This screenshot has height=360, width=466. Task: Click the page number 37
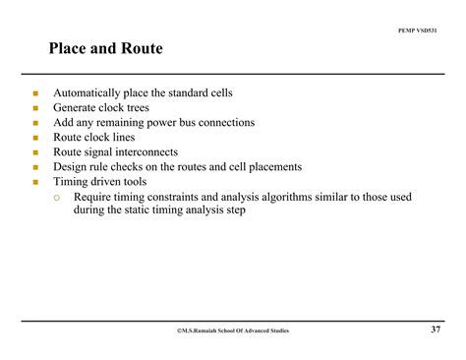click(436, 329)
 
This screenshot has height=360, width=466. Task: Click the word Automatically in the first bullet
click(87, 93)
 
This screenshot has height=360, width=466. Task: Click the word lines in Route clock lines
click(123, 138)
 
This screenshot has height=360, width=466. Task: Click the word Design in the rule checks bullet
click(70, 167)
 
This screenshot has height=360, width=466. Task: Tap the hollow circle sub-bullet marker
click(58, 197)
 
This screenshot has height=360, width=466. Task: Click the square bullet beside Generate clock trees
click(34, 109)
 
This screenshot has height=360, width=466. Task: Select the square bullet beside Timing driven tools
click(34, 183)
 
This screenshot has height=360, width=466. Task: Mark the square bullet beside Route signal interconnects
click(34, 153)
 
